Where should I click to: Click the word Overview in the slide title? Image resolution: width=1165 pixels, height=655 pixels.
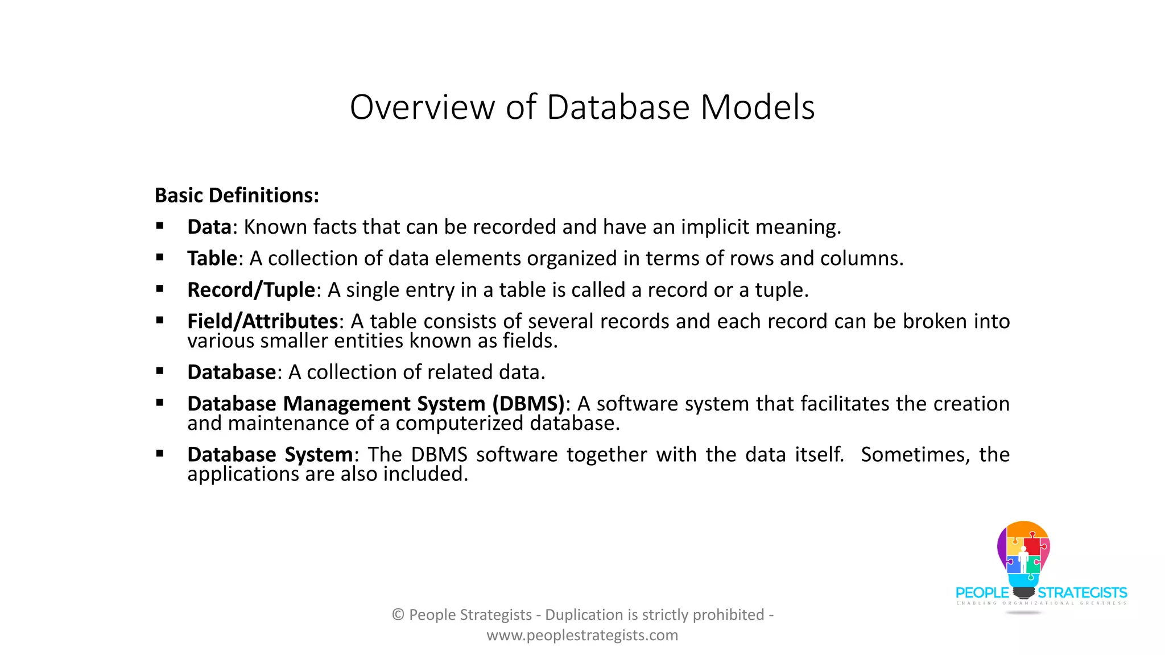click(x=422, y=107)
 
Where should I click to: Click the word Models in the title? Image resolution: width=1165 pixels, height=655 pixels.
click(x=757, y=107)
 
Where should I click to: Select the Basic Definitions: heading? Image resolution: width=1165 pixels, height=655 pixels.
click(x=237, y=195)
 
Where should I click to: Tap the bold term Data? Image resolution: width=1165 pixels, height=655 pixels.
click(x=209, y=227)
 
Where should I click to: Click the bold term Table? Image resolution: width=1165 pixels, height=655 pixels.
click(x=212, y=258)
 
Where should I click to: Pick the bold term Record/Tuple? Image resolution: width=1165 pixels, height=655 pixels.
click(x=251, y=290)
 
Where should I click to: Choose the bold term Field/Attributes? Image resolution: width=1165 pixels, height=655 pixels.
click(x=262, y=321)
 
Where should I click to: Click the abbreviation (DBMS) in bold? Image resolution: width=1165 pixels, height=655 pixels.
click(x=528, y=404)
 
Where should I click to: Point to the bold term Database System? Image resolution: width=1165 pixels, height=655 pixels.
click(x=270, y=455)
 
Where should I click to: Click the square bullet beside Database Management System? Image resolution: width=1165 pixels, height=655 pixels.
click(x=160, y=403)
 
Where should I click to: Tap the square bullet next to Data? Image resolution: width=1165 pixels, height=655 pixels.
click(x=160, y=226)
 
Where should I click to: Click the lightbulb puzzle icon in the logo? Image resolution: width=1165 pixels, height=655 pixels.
click(x=1023, y=554)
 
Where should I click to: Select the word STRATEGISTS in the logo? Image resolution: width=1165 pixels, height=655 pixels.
click(x=1082, y=592)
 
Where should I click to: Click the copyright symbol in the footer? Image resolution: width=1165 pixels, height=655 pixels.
click(x=398, y=615)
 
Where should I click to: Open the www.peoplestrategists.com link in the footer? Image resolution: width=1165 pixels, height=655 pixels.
click(x=582, y=635)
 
